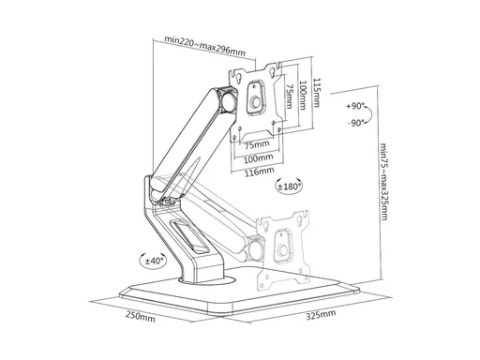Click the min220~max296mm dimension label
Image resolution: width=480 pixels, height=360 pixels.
pos(205,46)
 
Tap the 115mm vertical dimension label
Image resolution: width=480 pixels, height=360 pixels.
pos(317,93)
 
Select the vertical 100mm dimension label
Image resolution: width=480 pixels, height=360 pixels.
pos(303,96)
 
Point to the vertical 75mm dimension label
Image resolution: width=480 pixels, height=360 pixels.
pos(290,96)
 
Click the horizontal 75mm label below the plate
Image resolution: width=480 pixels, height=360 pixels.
pos(257,145)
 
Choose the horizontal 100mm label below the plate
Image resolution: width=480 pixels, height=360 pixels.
pos(258,158)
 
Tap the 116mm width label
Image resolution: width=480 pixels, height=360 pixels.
pos(259,171)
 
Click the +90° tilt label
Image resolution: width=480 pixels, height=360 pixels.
pos(355,106)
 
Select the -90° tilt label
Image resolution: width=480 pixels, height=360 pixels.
pos(356,123)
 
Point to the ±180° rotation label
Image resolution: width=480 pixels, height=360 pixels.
pos(290,187)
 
